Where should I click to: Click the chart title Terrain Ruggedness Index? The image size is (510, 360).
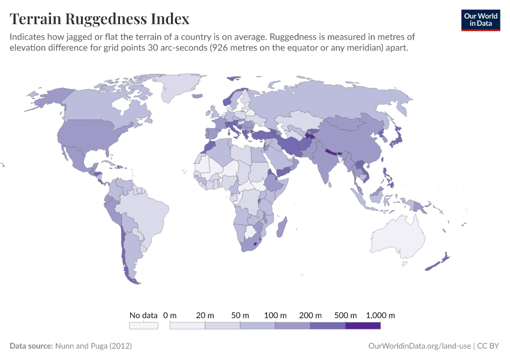pyautogui.click(x=100, y=19)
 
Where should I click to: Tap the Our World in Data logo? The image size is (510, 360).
pyautogui.click(x=480, y=20)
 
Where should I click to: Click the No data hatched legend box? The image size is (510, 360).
pyautogui.click(x=144, y=325)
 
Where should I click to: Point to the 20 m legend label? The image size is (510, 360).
pyautogui.click(x=205, y=315)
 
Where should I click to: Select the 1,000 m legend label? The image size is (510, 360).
pyautogui.click(x=380, y=315)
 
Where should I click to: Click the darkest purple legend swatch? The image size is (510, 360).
pyautogui.click(x=363, y=325)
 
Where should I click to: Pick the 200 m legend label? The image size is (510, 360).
pyautogui.click(x=310, y=315)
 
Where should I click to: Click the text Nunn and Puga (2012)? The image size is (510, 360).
pyautogui.click(x=93, y=346)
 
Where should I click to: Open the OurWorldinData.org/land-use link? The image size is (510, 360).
pyautogui.click(x=418, y=346)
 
